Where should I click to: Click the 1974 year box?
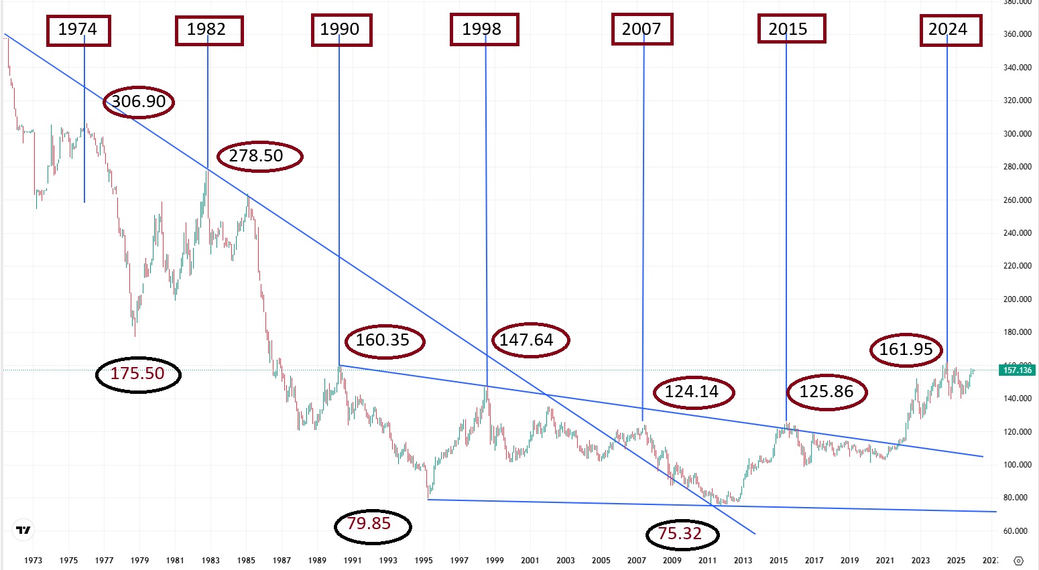(78, 30)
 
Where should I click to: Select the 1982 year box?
(208, 30)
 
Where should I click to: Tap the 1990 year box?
(341, 30)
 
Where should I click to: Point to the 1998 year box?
(484, 30)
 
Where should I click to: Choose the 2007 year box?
(641, 29)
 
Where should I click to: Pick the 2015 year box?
(791, 29)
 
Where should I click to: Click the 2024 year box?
(950, 30)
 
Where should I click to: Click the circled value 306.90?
(139, 102)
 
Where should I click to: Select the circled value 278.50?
(259, 156)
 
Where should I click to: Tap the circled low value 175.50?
(138, 374)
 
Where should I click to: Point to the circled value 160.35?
(385, 341)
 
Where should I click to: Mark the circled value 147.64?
(530, 340)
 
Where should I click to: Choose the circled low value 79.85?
(372, 524)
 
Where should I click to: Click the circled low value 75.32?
(682, 534)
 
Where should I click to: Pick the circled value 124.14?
(694, 392)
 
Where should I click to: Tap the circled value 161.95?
(906, 350)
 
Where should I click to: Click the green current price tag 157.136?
(1017, 370)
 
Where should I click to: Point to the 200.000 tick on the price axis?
(1017, 299)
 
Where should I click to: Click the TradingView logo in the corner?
(23, 530)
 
